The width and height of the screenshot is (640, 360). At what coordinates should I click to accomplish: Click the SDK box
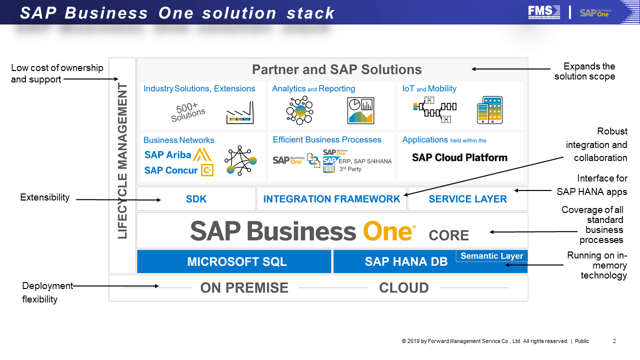(196, 199)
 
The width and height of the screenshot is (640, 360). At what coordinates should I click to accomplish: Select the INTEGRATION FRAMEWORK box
(331, 199)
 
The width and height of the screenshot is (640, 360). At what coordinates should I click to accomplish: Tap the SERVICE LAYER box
(467, 199)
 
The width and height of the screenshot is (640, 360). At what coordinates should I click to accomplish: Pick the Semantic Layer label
(491, 256)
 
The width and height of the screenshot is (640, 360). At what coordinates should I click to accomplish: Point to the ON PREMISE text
(244, 288)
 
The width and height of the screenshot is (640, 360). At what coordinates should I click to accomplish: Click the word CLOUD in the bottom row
(403, 288)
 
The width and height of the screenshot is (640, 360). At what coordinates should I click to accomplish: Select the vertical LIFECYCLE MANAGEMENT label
(122, 161)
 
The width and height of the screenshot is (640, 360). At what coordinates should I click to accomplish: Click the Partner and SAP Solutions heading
(336, 69)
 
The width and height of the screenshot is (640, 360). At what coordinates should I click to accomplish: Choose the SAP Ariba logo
(177, 154)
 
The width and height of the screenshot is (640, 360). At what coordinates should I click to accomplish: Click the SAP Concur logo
(178, 170)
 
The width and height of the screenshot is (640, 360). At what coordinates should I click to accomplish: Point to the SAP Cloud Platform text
(459, 157)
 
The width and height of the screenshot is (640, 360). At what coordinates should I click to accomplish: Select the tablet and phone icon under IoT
(489, 110)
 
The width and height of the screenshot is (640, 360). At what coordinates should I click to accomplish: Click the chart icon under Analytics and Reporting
(360, 110)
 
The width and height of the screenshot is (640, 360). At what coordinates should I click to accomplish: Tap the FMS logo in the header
(544, 12)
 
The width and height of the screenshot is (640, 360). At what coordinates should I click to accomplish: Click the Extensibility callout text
(45, 197)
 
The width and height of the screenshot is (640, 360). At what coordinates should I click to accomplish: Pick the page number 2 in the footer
(614, 341)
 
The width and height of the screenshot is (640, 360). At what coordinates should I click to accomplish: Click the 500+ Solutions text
(187, 112)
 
